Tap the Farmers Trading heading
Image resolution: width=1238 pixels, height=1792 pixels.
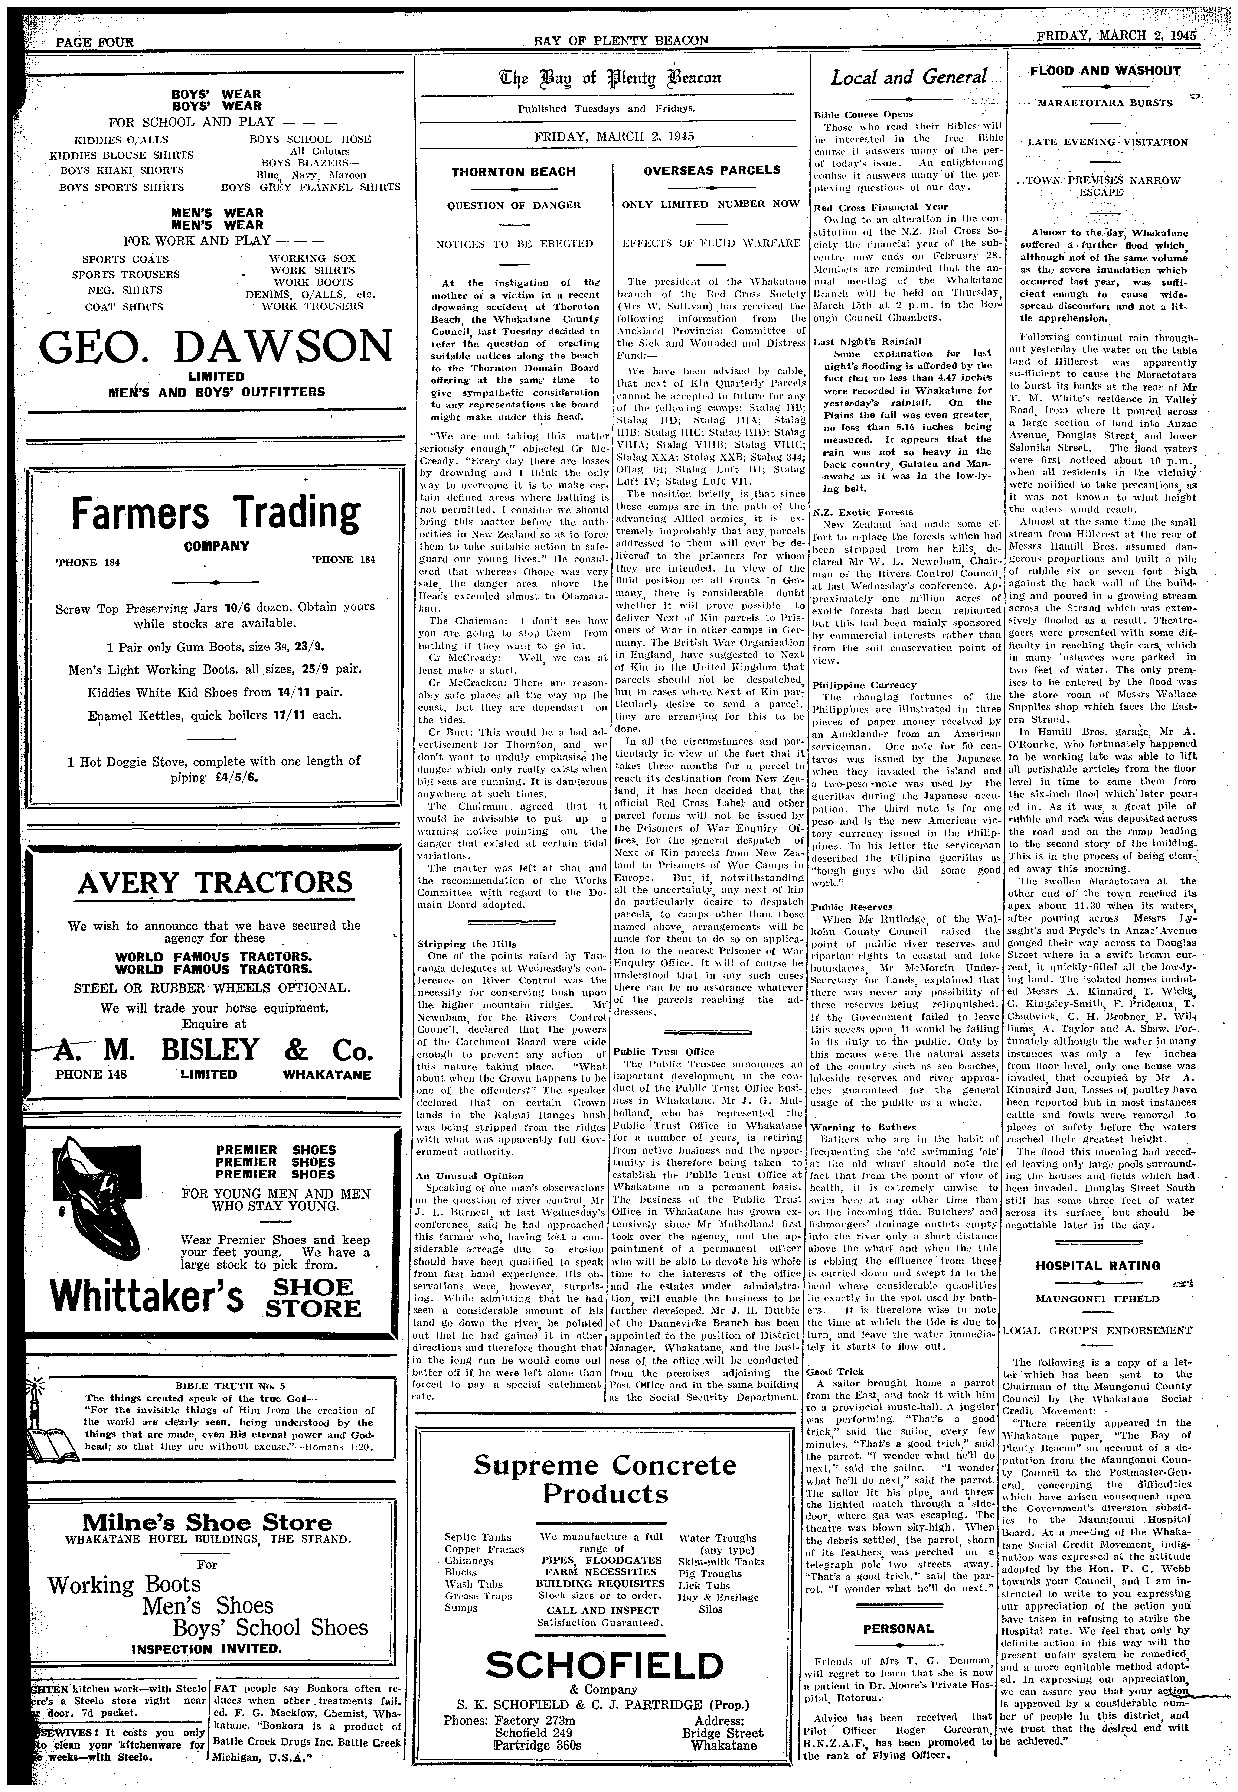click(216, 514)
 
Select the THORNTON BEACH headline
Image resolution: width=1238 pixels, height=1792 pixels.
click(513, 172)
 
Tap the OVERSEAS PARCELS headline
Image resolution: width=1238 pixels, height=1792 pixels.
click(711, 170)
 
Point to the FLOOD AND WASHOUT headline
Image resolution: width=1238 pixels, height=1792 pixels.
click(1105, 71)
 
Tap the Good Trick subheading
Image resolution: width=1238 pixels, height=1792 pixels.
click(835, 1372)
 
